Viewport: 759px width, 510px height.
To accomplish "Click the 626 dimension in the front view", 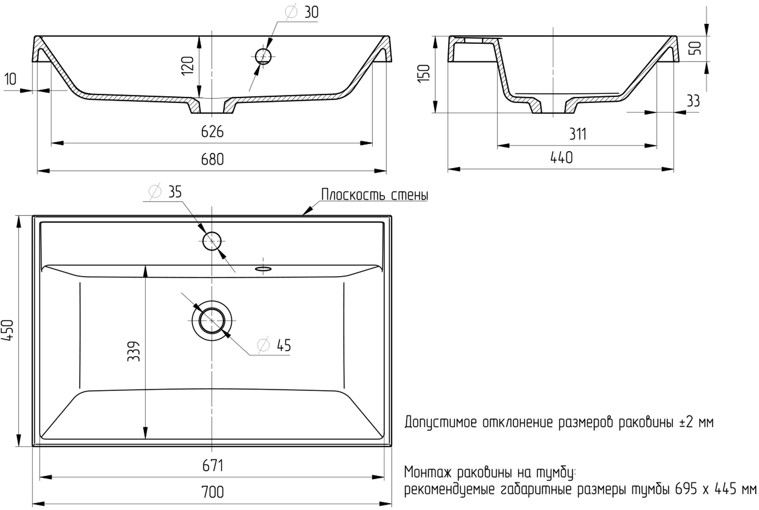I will click(212, 132).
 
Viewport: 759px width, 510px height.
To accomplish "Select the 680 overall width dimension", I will click(212, 159).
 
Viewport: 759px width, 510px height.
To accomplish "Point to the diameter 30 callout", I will click(303, 12).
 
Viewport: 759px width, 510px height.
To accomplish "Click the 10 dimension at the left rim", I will click(10, 79).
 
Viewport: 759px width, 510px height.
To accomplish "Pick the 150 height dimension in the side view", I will click(424, 73).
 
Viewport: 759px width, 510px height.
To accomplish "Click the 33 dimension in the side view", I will click(693, 101).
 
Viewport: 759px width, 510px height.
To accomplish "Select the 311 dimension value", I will click(577, 134).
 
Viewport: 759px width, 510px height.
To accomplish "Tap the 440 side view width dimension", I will click(561, 158).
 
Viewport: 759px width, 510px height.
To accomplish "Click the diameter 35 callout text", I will click(166, 192).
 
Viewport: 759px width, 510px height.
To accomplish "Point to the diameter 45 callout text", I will click(275, 345).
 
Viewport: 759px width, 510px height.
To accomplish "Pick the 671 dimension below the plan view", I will click(212, 466).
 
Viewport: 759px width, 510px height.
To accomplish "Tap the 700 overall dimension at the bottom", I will click(212, 493).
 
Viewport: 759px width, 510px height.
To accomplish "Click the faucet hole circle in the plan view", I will click(212, 241).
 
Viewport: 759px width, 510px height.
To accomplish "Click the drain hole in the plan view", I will click(212, 320).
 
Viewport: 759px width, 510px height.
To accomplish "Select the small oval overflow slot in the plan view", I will click(263, 268).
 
